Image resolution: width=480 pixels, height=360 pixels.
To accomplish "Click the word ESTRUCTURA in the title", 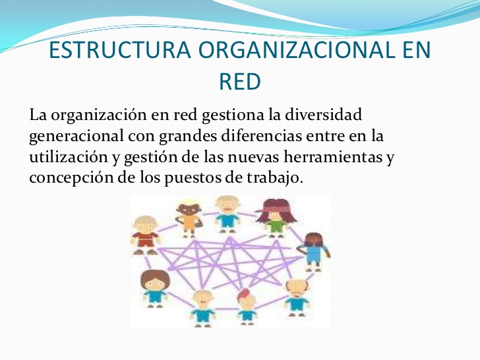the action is coord(120,49).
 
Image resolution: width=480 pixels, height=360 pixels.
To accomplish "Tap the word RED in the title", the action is coord(240,82).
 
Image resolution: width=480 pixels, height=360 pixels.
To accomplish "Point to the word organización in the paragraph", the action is coord(99,116).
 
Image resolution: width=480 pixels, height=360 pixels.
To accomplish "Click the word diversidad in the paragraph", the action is coord(323,115).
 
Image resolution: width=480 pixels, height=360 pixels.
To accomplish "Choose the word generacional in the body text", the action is coord(76,136).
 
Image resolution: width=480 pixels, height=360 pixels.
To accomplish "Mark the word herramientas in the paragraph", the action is coord(333,157).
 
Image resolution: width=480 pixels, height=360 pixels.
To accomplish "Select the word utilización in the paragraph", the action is coord(69,157).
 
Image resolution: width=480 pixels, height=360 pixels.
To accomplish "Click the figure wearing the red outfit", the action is coord(146,235).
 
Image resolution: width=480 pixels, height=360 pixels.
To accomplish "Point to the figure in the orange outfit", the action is coord(189,218).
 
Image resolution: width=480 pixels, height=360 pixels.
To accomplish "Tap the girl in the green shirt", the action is coord(276,218).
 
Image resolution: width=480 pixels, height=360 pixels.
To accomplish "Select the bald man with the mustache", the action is coord(296,297).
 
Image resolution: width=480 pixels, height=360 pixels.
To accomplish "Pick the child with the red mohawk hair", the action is coord(247,307).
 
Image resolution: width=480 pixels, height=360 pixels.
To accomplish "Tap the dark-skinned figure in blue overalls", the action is coord(315,252).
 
